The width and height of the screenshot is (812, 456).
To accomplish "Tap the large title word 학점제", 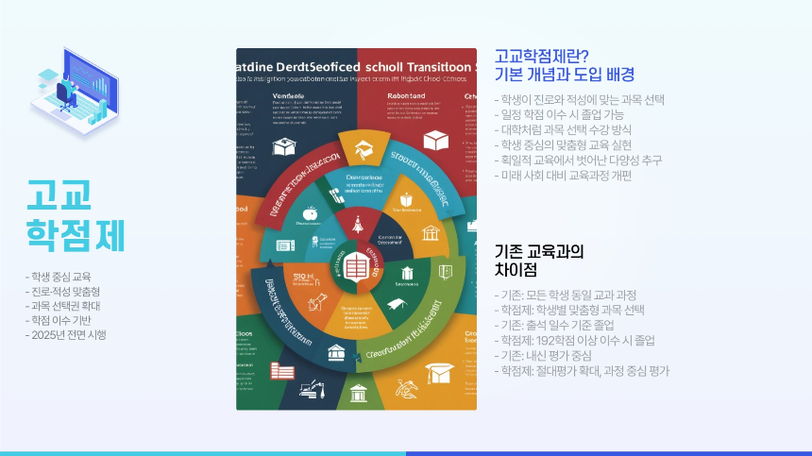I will click(76, 236).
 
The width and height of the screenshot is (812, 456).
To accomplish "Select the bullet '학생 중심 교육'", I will click(58, 277).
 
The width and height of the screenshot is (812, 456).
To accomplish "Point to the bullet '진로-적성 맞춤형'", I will click(62, 292).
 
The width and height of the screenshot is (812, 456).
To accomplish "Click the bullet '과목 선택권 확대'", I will click(62, 306).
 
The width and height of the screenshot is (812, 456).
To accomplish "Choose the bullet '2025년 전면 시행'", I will click(65, 335).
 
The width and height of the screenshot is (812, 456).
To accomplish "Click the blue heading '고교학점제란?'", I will click(542, 56).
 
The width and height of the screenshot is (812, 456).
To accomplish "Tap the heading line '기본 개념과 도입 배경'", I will click(565, 75).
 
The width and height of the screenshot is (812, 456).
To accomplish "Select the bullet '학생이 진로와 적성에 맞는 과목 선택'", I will click(580, 100).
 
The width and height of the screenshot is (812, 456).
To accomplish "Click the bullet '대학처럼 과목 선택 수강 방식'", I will click(567, 130).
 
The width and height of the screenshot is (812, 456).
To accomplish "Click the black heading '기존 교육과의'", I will click(539, 252).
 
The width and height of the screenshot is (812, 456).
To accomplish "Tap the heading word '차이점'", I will click(516, 271).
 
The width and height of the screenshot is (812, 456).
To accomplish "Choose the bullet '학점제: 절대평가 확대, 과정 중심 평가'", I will click(582, 371).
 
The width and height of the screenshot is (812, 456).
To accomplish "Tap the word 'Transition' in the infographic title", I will click(438, 69).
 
